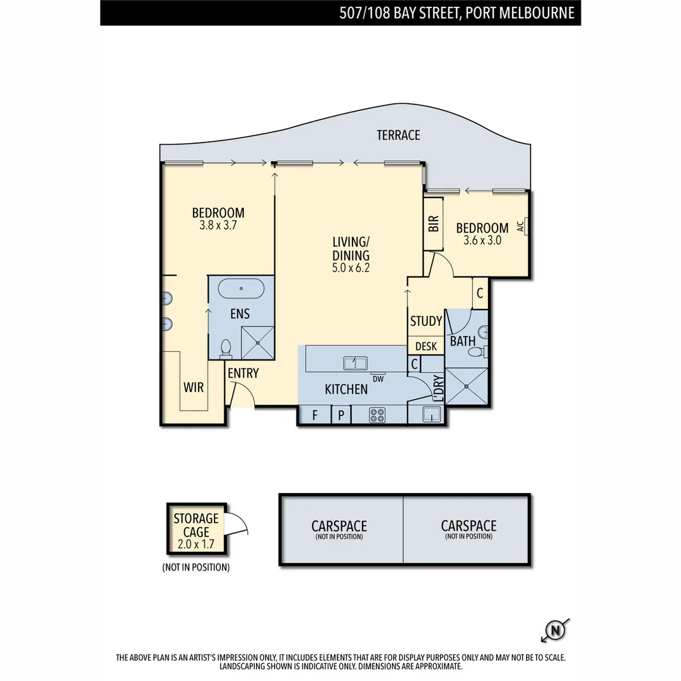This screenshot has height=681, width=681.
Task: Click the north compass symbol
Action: (555, 629)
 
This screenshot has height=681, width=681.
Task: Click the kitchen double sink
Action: (355, 363)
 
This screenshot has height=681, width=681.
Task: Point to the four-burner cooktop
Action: (377, 415)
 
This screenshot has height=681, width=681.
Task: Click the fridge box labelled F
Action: (314, 415)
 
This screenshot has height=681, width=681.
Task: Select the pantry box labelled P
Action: (340, 415)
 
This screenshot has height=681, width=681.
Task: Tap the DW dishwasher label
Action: (378, 378)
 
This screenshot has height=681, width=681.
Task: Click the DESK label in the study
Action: (426, 346)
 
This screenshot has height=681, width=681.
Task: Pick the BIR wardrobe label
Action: (434, 224)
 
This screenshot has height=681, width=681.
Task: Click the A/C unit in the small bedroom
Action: (522, 226)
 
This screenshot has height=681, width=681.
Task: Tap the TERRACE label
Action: (398, 135)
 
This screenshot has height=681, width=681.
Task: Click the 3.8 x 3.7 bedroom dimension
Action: (218, 224)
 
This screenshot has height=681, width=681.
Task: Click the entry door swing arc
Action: (243, 396)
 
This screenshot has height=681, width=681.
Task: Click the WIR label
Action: (194, 387)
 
